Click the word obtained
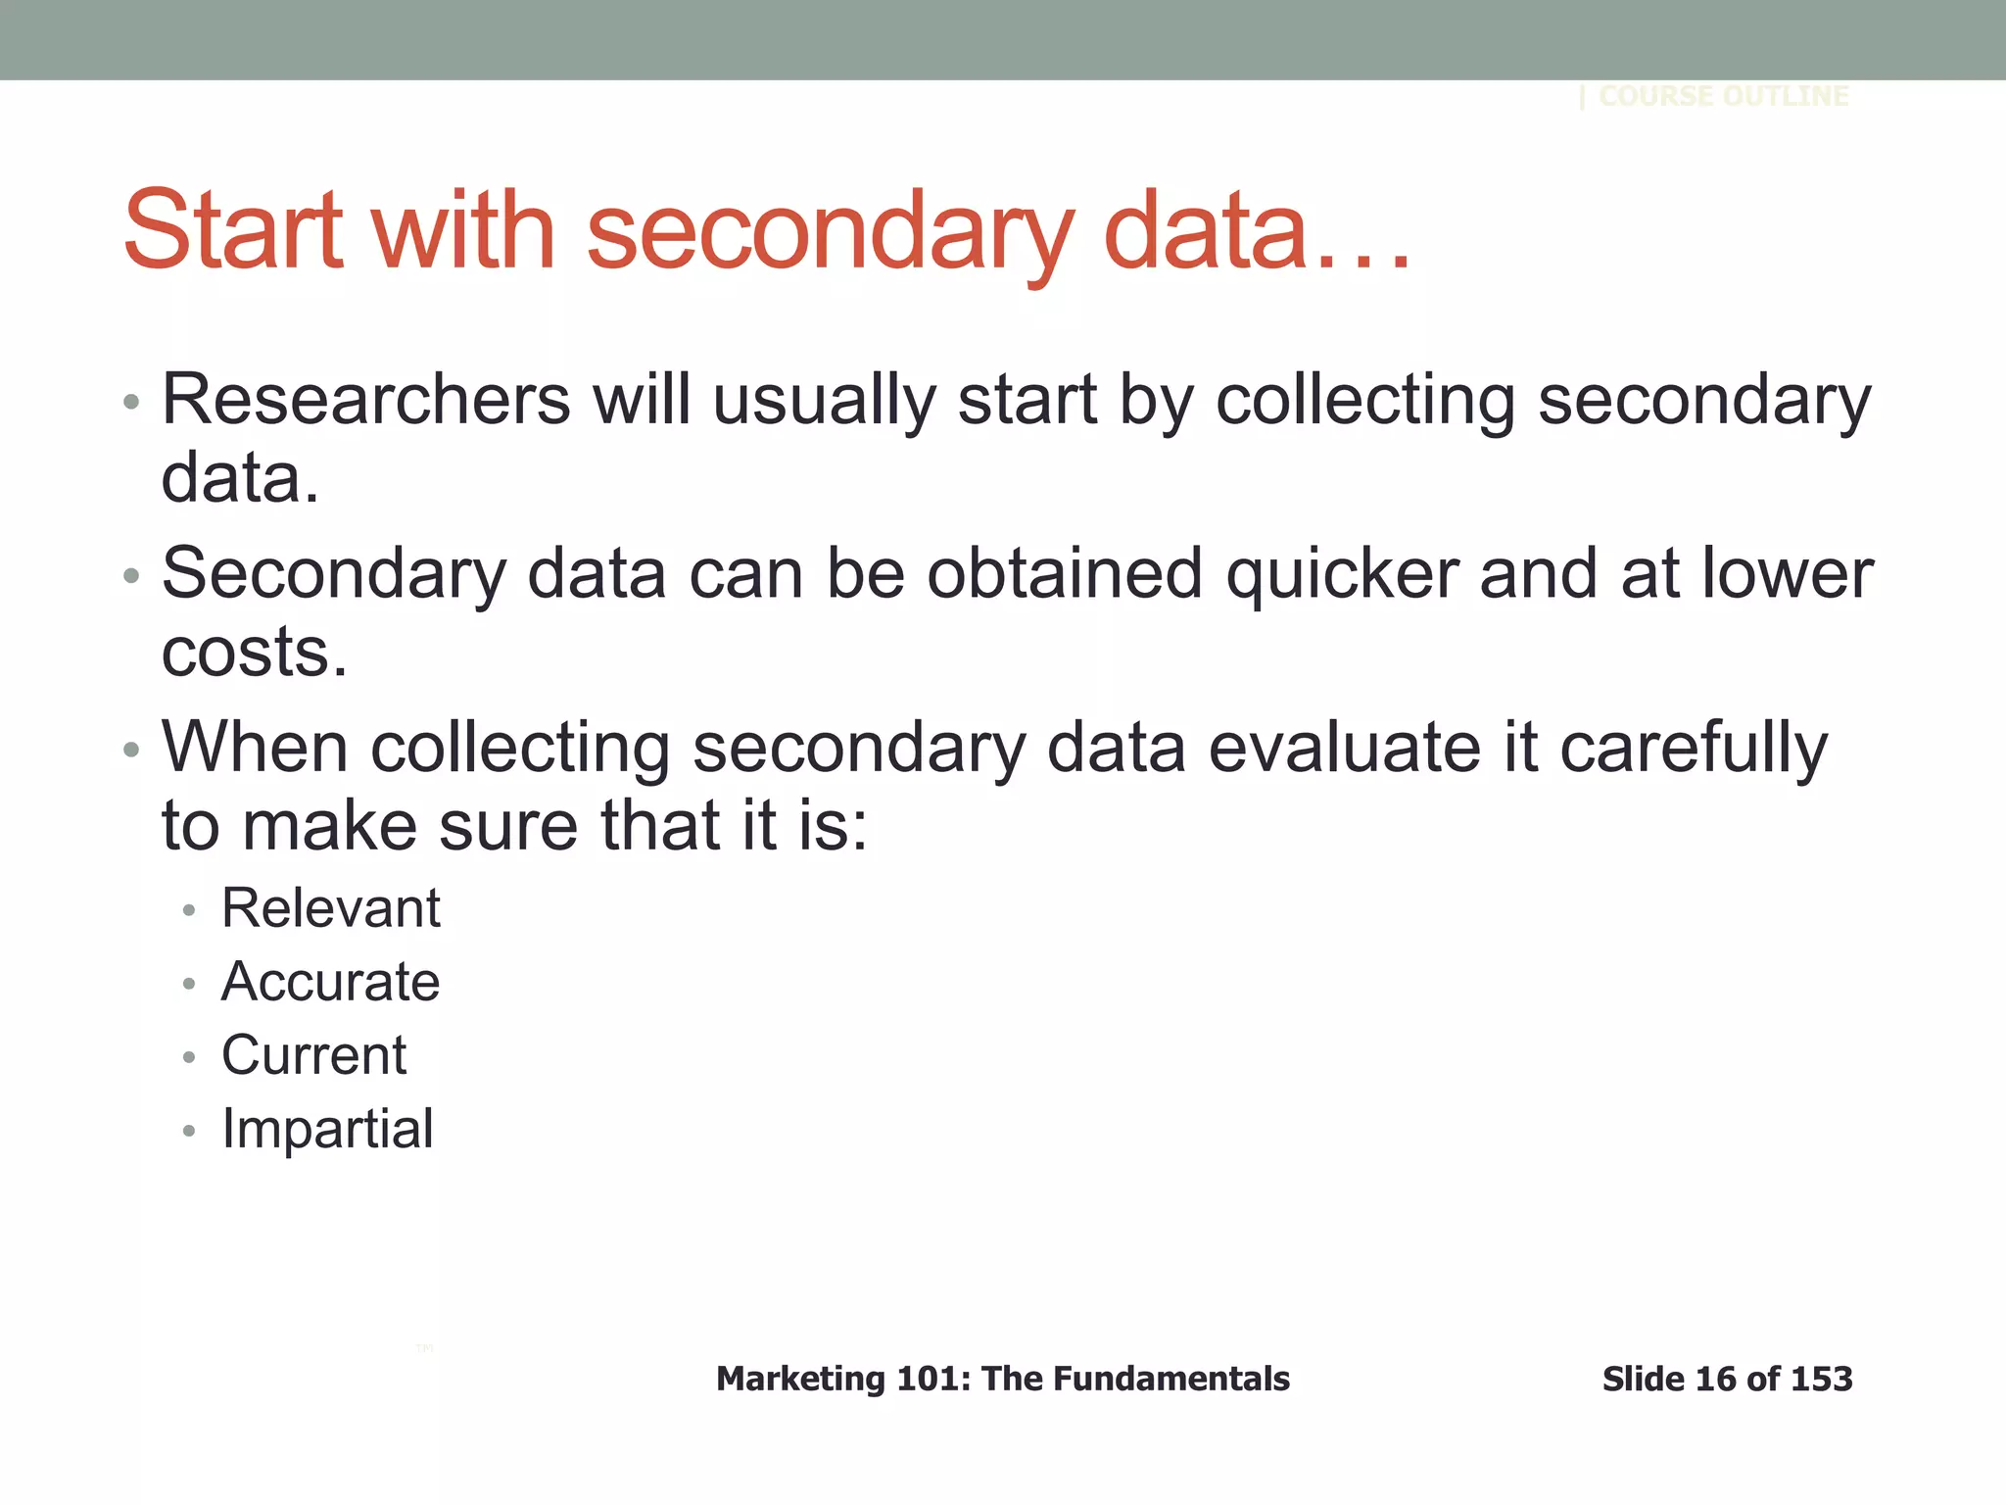tap(1064, 574)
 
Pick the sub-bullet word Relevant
tap(331, 908)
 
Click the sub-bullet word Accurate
tap(331, 982)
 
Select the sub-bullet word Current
tap(313, 1055)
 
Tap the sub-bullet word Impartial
tap(327, 1129)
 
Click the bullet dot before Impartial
tap(189, 1132)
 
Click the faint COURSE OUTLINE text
tap(1723, 96)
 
